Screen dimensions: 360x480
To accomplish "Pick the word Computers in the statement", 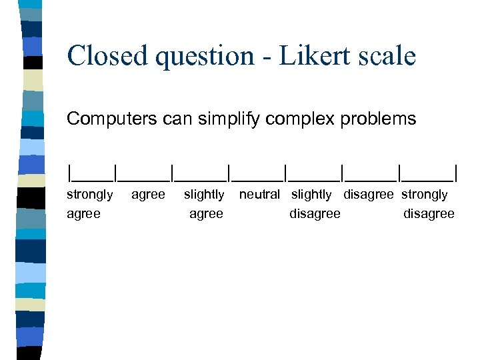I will [108, 119].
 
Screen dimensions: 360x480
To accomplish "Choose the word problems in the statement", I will [378, 119].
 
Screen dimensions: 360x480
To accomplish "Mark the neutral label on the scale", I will [259, 195].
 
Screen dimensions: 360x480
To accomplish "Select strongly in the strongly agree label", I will [90, 195].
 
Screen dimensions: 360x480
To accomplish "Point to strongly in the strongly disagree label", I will [424, 195].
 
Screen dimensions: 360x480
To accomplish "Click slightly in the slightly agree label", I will [204, 195].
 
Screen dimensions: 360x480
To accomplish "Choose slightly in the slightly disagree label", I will [311, 195].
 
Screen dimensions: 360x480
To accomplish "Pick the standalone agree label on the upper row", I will [148, 195].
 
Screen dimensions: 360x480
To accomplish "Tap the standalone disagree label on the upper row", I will [369, 195].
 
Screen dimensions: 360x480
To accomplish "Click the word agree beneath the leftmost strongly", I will [83, 214].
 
